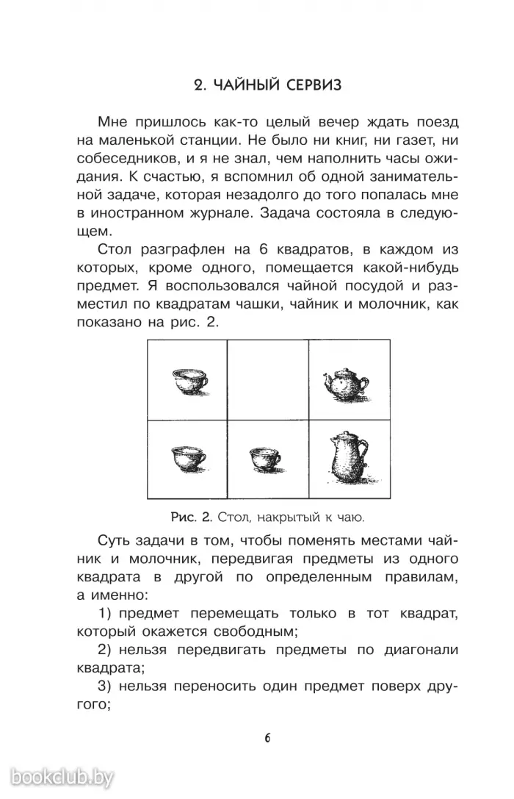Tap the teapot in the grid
[x=342, y=381]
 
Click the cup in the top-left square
[x=189, y=380]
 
